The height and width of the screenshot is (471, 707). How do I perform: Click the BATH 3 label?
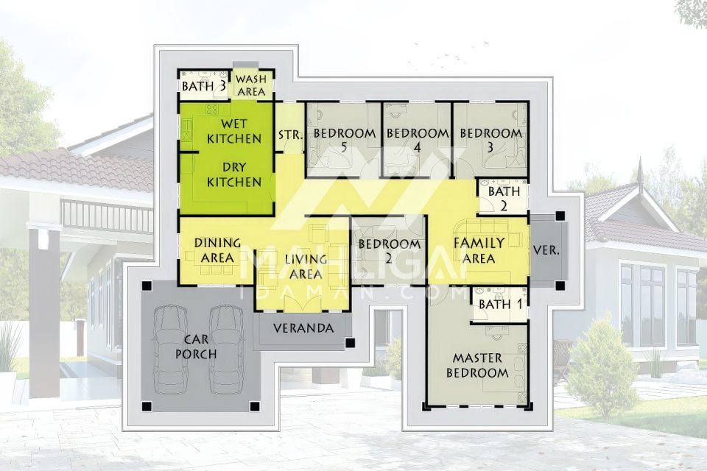204,85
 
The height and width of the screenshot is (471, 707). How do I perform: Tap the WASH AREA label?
251,85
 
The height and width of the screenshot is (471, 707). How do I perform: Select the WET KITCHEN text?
234,131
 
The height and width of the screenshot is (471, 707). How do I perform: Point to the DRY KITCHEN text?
234,174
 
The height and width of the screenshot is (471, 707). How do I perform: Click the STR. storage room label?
290,135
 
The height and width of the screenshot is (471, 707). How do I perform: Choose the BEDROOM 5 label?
345,140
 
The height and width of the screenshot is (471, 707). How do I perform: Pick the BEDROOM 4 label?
418,140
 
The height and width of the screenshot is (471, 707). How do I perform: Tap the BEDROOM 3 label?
490,140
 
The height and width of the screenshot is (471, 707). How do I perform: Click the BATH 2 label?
504,198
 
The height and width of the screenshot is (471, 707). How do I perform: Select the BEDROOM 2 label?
389,251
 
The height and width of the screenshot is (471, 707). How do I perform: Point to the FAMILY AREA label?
479,250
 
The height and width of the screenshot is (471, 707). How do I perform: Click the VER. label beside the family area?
546,249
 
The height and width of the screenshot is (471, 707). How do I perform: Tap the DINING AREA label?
217,250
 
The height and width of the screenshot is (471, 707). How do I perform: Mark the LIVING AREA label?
306,266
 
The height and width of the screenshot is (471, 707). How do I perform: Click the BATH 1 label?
500,304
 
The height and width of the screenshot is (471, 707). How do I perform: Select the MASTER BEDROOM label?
477,366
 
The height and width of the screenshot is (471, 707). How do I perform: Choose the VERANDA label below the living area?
303,328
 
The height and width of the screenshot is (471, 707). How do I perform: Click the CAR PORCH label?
196,347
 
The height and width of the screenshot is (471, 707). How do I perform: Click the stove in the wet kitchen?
212,109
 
